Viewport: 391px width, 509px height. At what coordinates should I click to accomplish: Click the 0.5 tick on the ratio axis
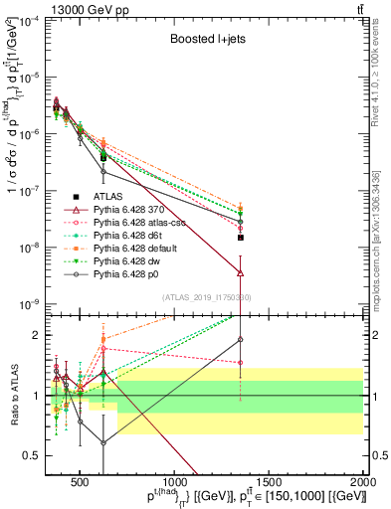click(x=33, y=454)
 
